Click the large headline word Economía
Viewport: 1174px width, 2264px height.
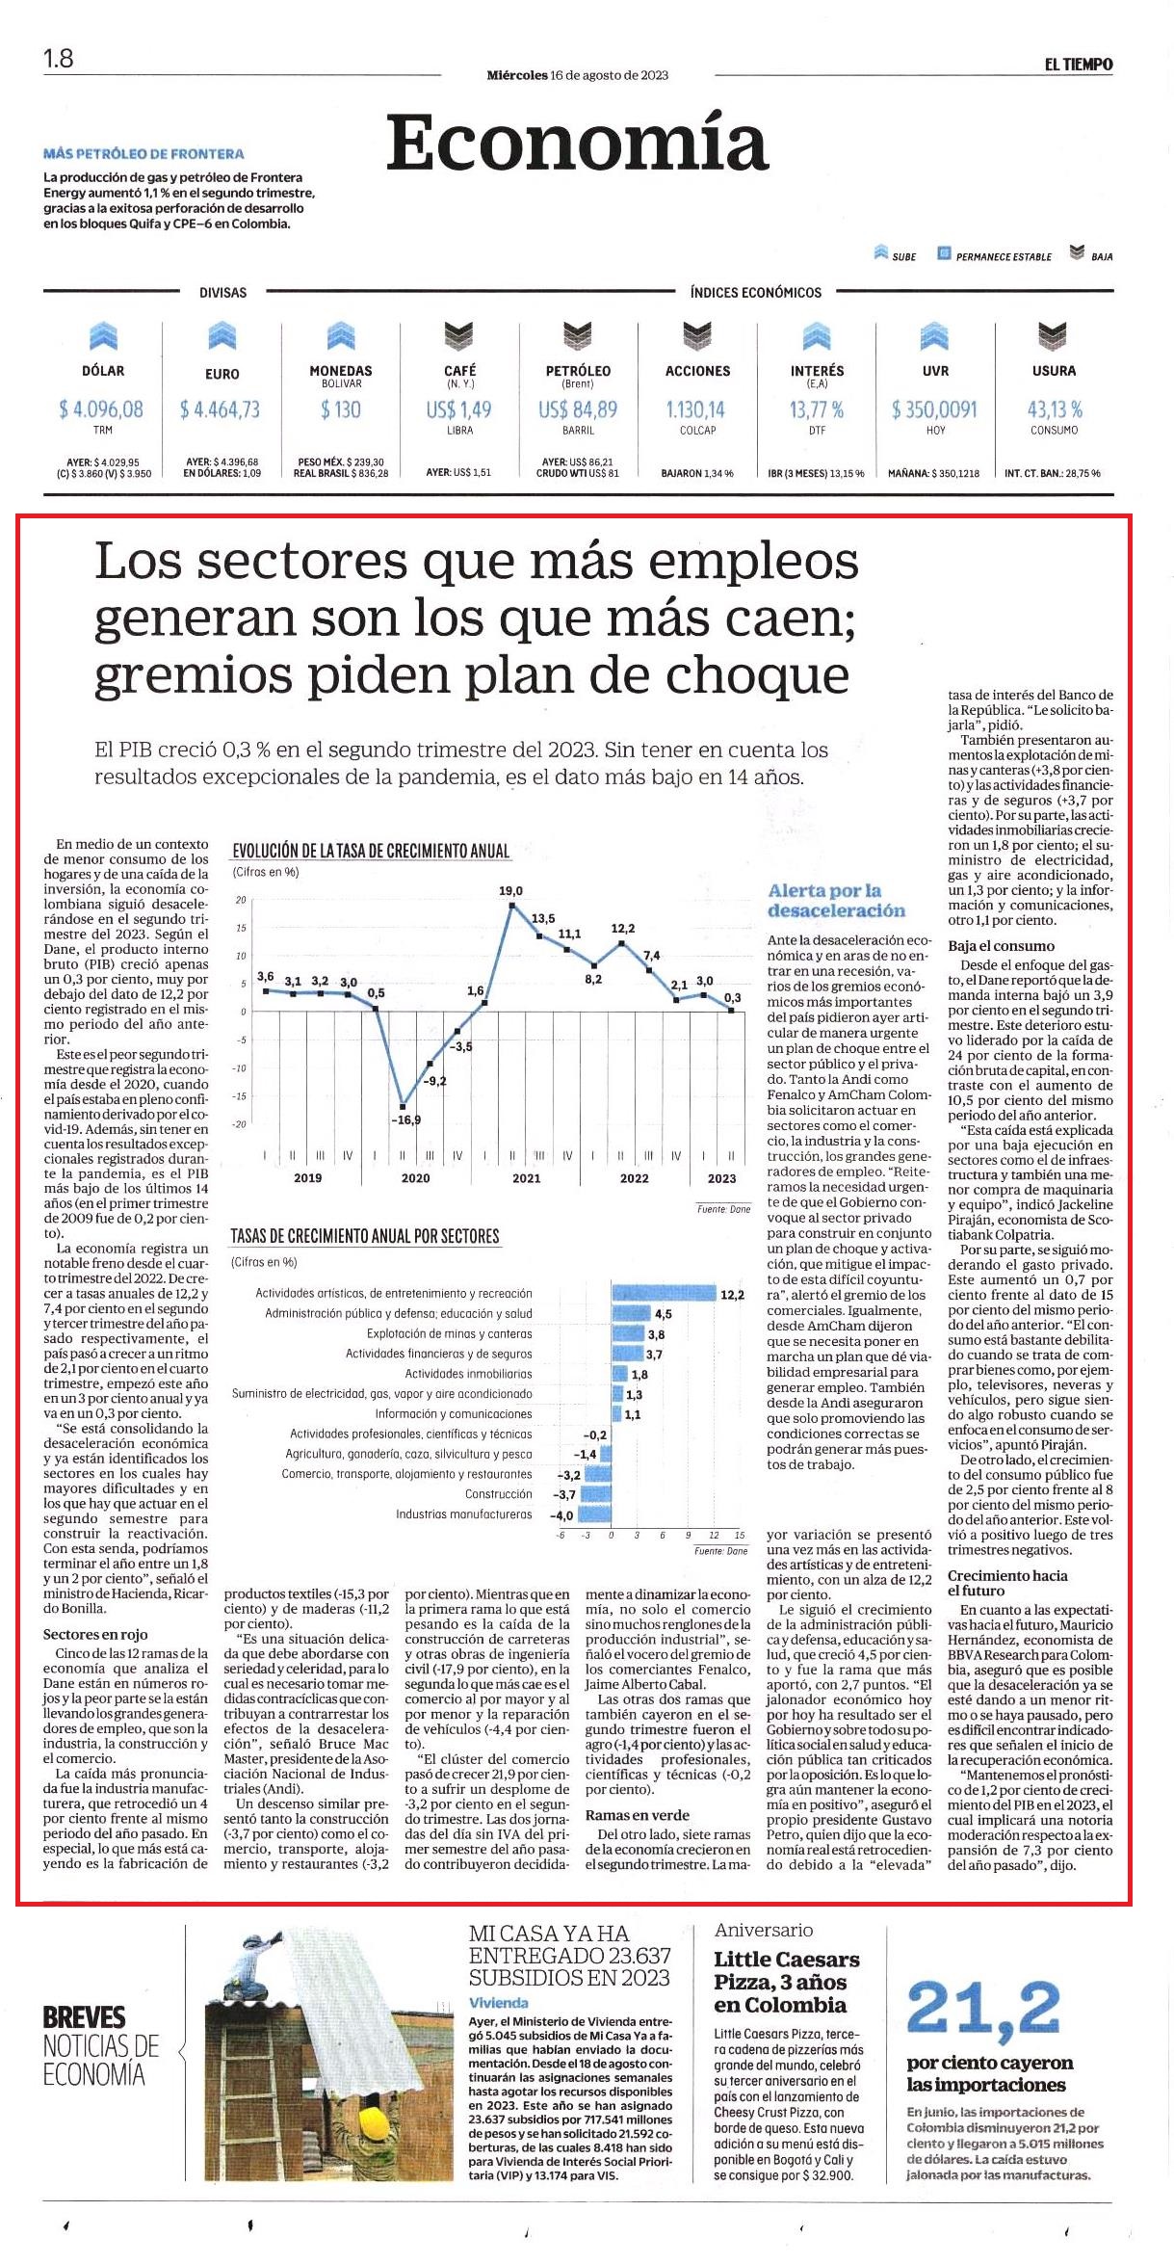coord(577,144)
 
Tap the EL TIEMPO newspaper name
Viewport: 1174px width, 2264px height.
coord(1079,65)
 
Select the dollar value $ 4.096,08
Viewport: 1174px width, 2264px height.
coord(101,409)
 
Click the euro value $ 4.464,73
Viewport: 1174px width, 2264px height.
coord(220,409)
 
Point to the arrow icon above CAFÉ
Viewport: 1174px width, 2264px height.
coord(459,336)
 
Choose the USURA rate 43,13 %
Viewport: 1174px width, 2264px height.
coord(1055,409)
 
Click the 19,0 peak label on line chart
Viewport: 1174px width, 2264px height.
coord(510,891)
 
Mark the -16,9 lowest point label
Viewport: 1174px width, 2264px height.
coord(405,1120)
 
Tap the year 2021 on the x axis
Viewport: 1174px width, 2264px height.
coord(526,1178)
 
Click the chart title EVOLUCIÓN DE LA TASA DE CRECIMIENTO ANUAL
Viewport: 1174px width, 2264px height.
coord(371,851)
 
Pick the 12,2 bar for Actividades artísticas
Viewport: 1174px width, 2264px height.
coord(665,1294)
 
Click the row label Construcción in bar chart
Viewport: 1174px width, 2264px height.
coord(498,1494)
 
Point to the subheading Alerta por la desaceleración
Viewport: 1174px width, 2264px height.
coord(836,901)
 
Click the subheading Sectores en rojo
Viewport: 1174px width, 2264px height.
coord(95,1635)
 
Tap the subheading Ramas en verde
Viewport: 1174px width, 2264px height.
coord(638,1816)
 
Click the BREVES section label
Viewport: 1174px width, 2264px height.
coord(84,2017)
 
